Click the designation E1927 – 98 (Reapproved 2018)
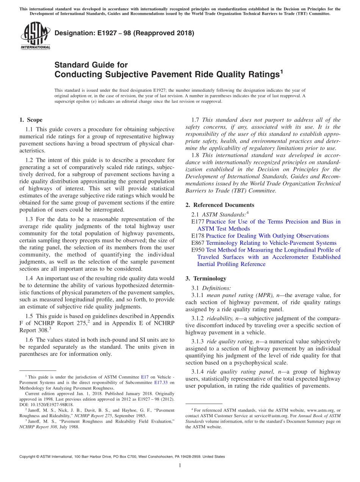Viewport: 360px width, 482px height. tap(124, 33)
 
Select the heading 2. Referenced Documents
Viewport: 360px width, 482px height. tap(220, 205)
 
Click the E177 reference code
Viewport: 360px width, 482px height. tap(198, 222)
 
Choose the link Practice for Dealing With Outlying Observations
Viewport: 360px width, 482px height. tap(267, 236)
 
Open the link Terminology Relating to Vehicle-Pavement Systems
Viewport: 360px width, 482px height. tap(271, 243)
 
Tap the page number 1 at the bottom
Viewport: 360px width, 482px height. tap(180, 465)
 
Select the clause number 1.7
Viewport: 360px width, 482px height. tap(196, 120)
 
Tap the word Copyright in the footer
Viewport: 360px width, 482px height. tap(29, 457)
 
